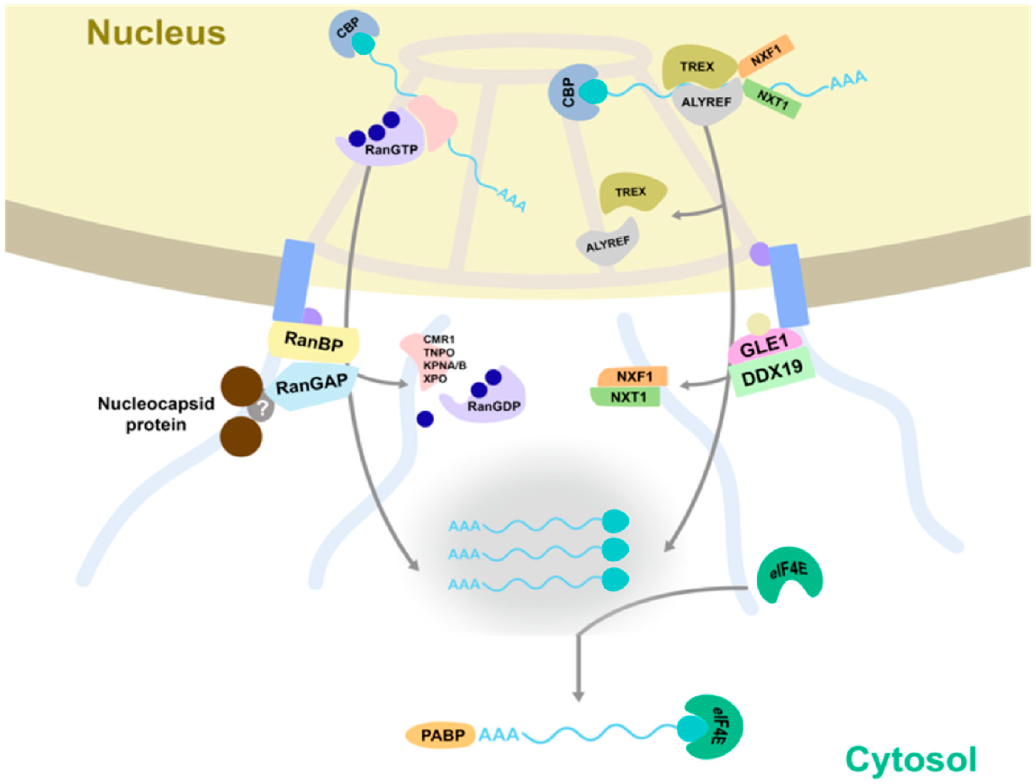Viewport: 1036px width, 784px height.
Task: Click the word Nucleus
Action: pos(156,33)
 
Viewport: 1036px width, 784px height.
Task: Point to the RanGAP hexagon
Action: pos(312,385)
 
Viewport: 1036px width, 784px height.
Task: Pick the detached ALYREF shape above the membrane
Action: pos(608,244)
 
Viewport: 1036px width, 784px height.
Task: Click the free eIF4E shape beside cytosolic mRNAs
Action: pos(789,575)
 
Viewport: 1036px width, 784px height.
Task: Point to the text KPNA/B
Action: pos(445,366)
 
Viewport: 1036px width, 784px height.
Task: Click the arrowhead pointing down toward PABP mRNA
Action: pos(579,696)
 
